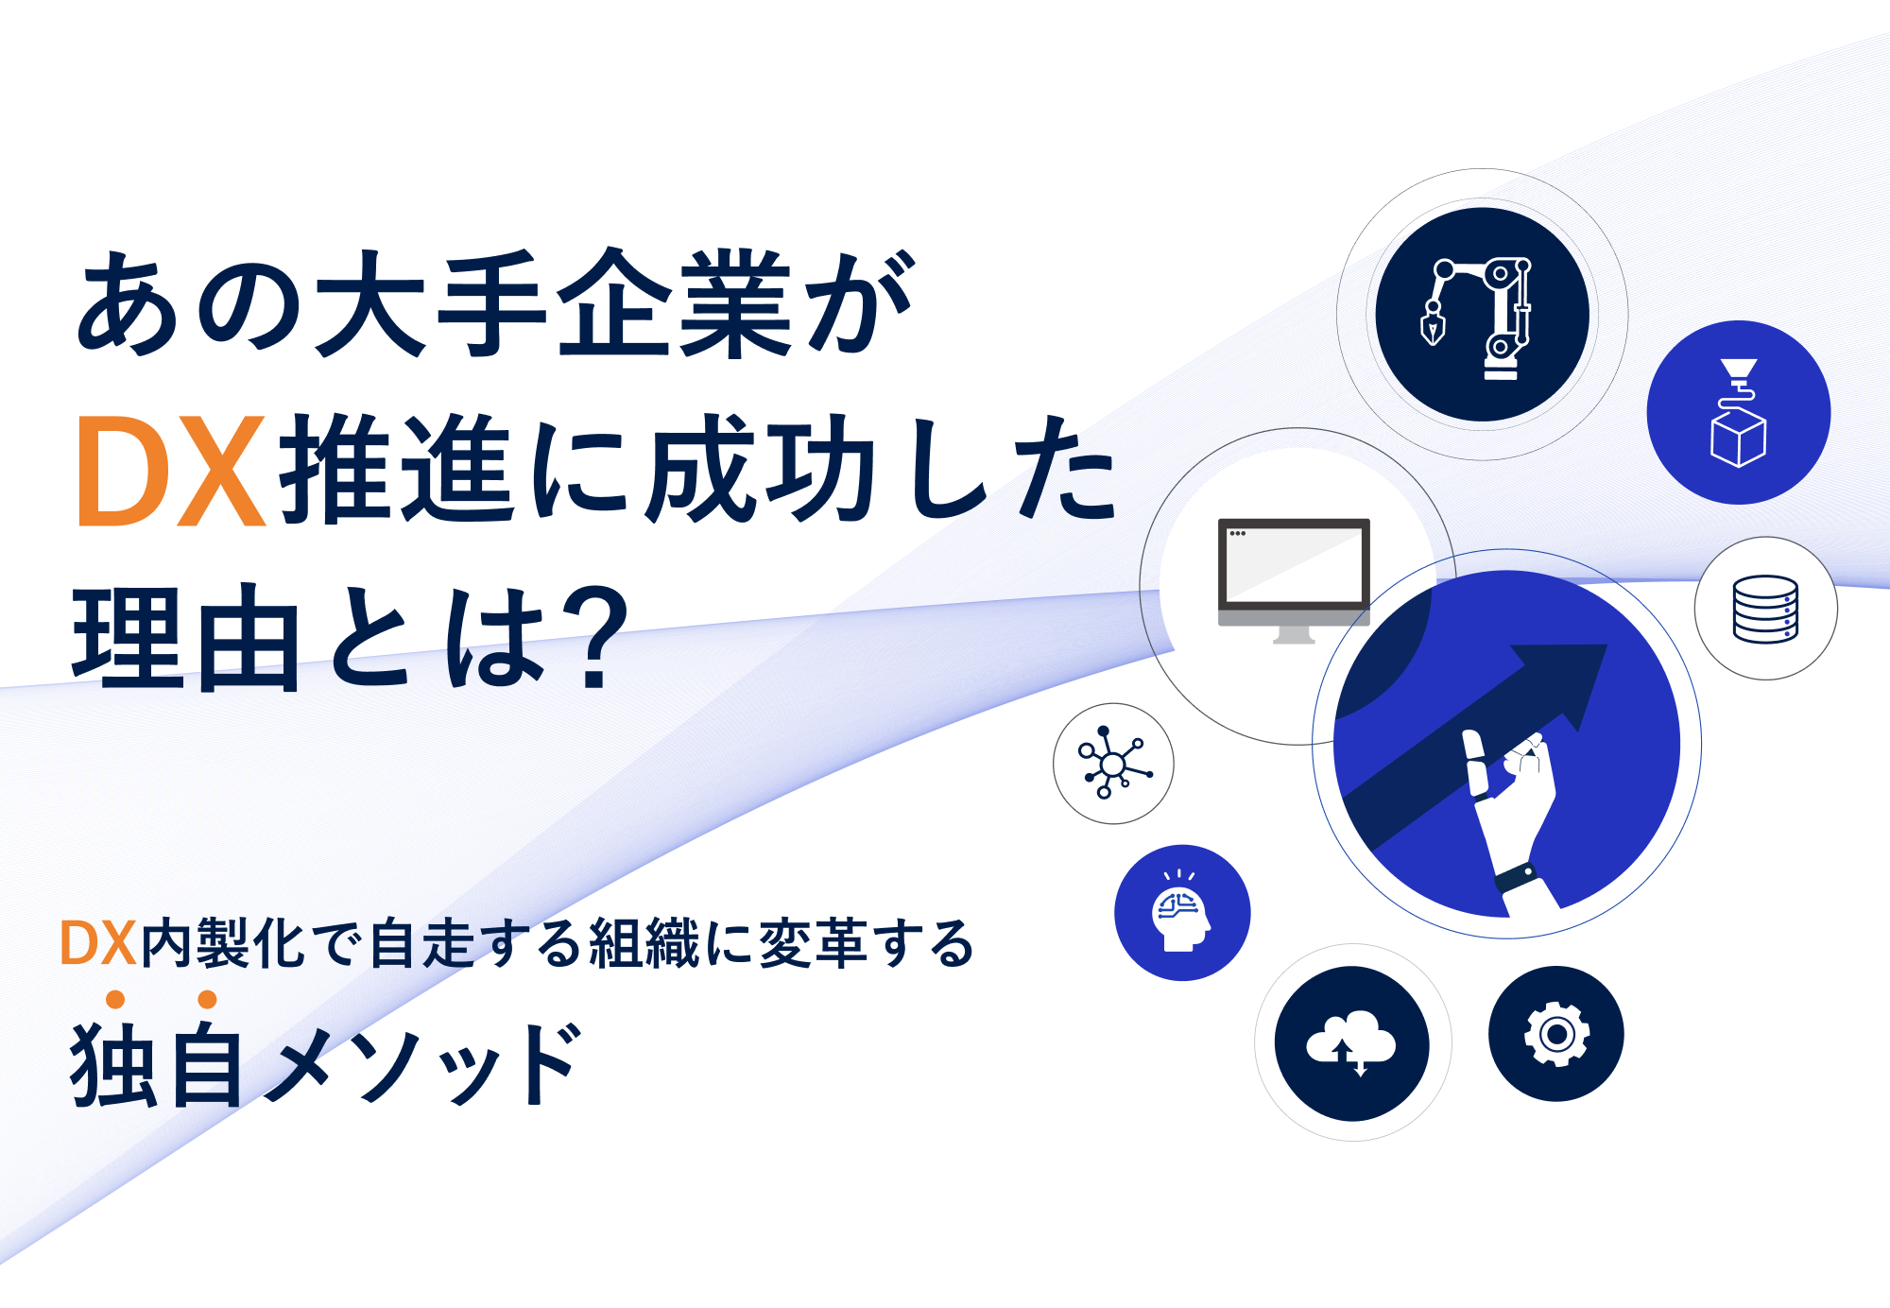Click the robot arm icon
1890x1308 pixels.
tap(1476, 318)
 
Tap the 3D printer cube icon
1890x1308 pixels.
tap(1738, 413)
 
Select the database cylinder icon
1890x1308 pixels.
tap(1765, 610)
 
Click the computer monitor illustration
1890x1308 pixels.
tap(1294, 580)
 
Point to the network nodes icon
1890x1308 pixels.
tap(1113, 763)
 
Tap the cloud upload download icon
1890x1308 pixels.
tap(1350, 1042)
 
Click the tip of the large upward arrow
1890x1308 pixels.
tap(1606, 645)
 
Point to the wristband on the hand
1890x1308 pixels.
tap(1515, 878)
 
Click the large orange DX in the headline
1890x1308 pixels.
tap(170, 471)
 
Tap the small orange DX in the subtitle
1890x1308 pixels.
tap(98, 942)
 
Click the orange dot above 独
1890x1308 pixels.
tap(115, 999)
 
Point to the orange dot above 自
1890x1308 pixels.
tap(208, 999)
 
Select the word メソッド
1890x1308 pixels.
tap(422, 1064)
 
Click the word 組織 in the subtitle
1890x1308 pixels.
tap(644, 943)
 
